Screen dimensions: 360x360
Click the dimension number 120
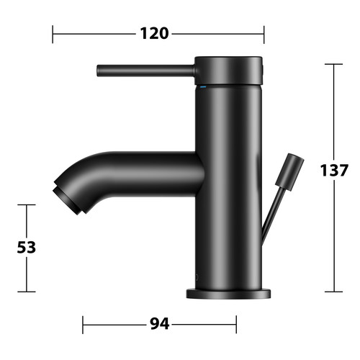(154, 33)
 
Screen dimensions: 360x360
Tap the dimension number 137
(334, 170)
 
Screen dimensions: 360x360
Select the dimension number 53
(27, 247)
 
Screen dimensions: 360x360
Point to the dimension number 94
(160, 324)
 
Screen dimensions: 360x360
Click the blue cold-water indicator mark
(203, 86)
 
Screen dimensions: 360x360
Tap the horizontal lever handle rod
(146, 71)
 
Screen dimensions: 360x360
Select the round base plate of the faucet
(228, 294)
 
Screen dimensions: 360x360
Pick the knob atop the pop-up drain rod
(289, 172)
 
